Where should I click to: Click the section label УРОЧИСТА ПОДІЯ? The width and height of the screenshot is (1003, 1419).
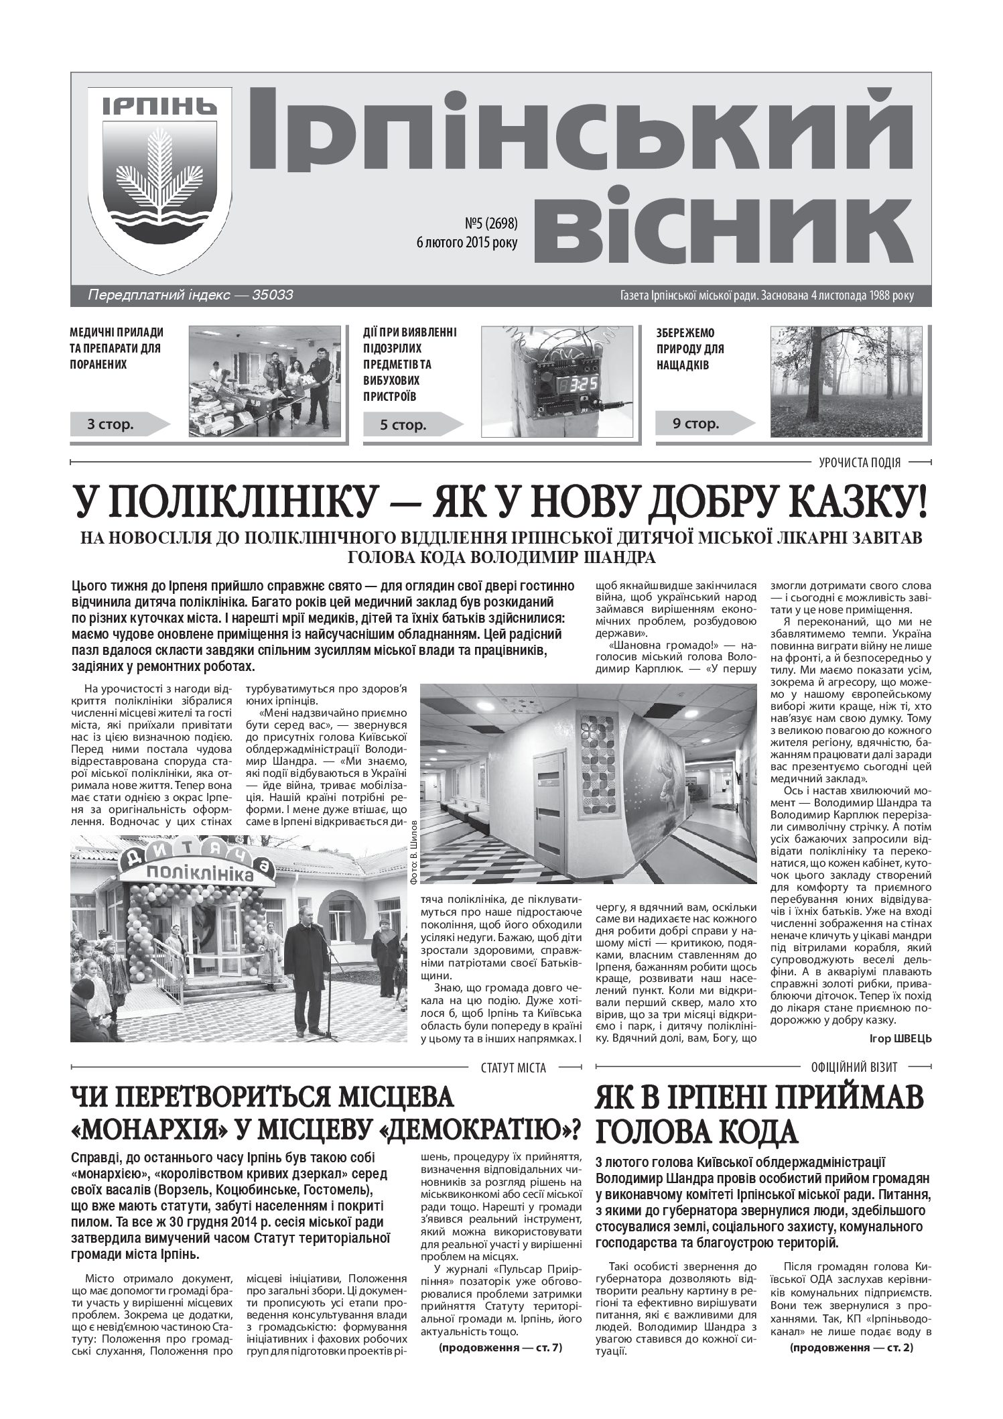pos(859,462)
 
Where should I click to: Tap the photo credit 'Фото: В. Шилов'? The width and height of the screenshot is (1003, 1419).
pos(411,855)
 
